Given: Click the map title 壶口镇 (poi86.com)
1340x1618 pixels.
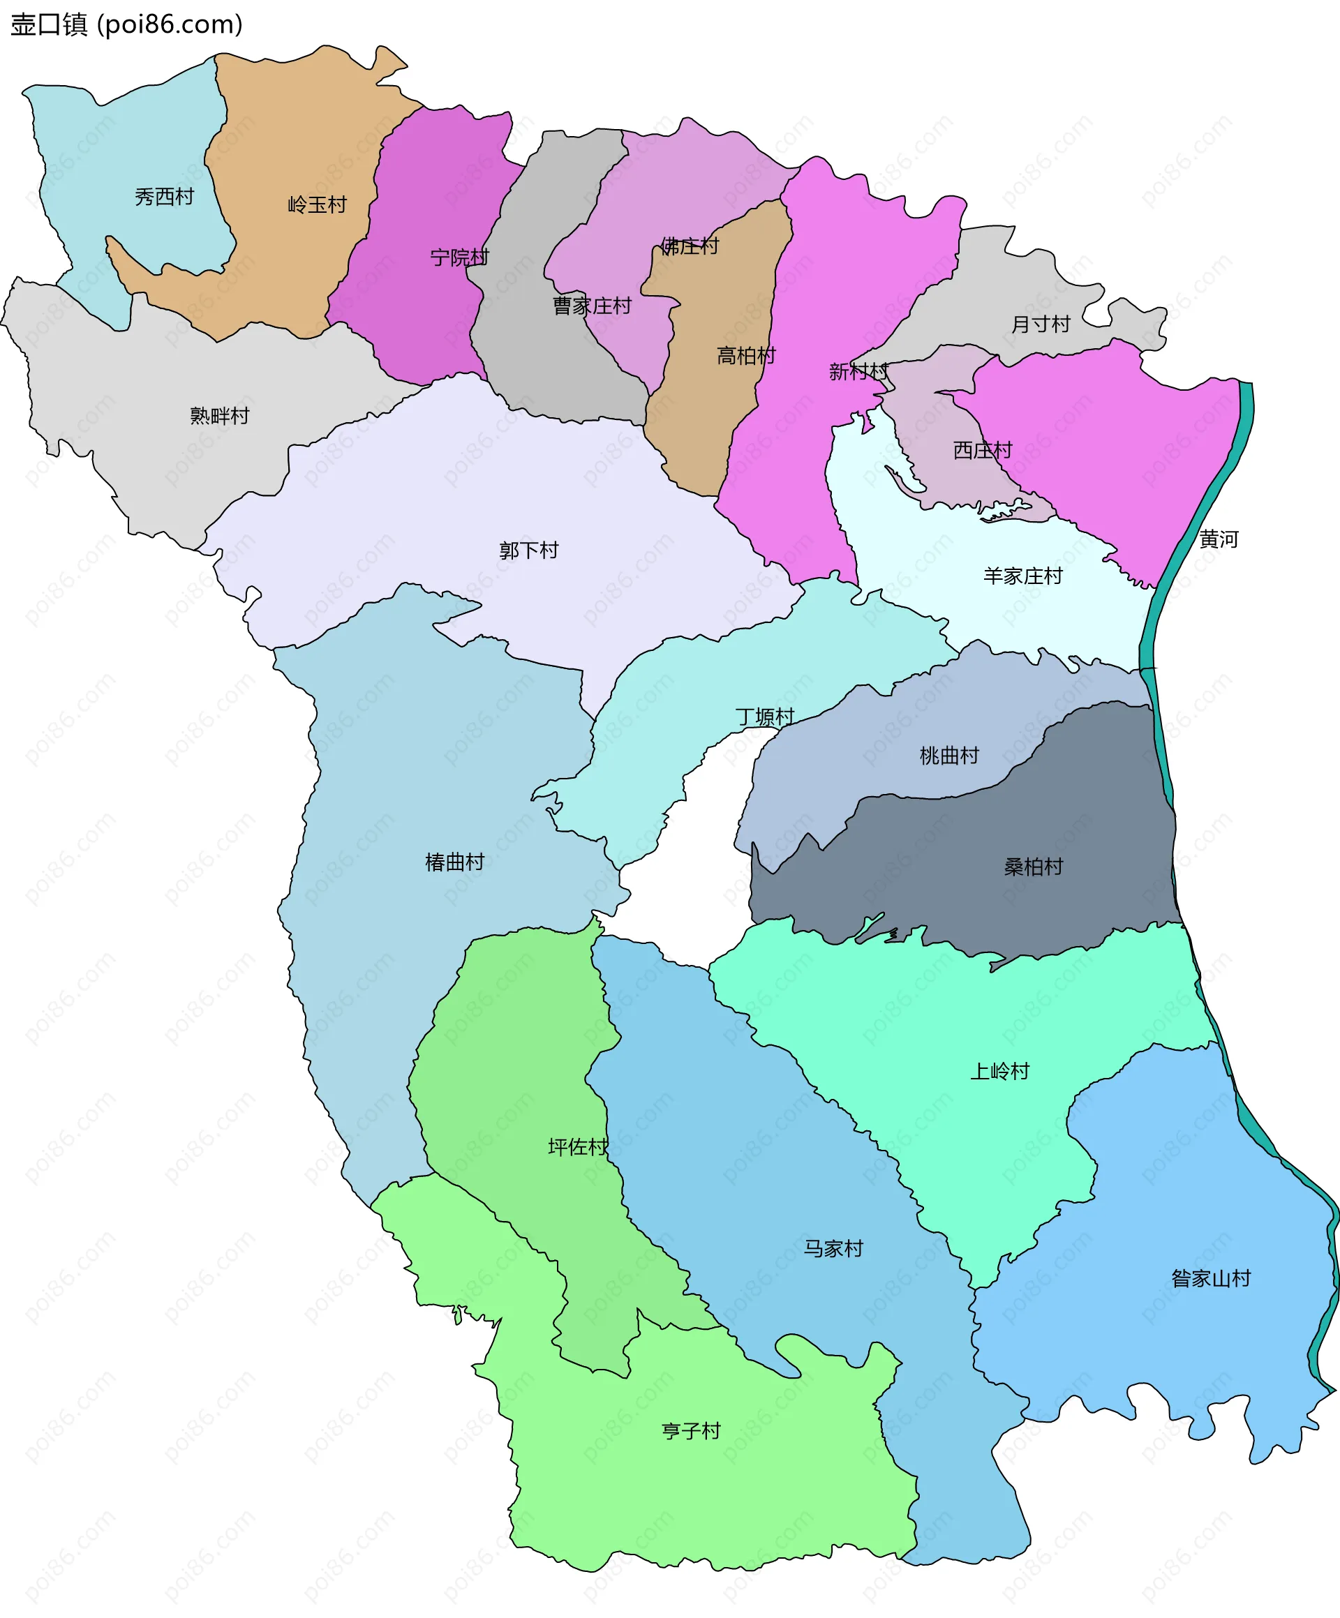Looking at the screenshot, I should tap(126, 24).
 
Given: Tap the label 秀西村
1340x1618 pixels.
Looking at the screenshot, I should tap(164, 197).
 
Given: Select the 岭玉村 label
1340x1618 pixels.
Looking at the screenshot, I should tap(317, 205).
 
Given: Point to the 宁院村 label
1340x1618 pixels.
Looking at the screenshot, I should tap(459, 257).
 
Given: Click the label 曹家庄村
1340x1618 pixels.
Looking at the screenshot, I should tap(592, 306).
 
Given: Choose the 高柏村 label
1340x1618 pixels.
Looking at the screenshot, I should tap(746, 356).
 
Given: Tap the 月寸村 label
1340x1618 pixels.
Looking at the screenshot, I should tap(1041, 324).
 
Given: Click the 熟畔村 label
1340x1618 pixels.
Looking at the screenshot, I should tap(220, 416).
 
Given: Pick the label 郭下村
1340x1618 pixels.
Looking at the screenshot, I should tap(528, 550).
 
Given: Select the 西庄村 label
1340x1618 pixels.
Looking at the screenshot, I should tap(983, 450).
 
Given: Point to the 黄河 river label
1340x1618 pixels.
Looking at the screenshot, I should tap(1219, 539).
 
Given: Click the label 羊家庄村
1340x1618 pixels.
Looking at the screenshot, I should tap(1022, 576).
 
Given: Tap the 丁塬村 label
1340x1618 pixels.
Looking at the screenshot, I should tap(764, 717).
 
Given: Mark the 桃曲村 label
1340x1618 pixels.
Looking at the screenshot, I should tap(949, 756).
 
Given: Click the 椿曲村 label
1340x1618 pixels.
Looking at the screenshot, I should tap(454, 862).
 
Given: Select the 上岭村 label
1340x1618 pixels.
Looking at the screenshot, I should tap(999, 1071).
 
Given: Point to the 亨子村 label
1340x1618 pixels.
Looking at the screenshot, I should tap(691, 1431).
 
